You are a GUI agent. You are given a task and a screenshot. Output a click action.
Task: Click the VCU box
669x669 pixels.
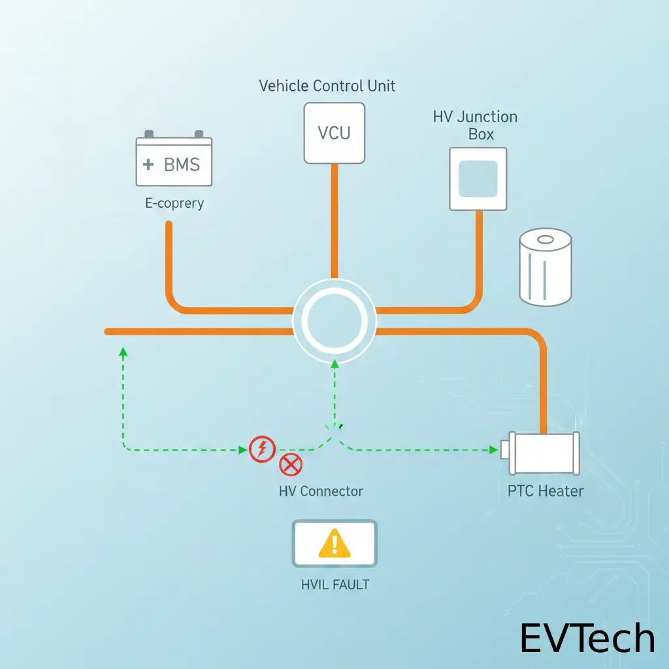334,133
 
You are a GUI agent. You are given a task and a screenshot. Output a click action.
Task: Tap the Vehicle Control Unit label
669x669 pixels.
327,86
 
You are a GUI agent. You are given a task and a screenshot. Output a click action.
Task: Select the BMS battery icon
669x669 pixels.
174,161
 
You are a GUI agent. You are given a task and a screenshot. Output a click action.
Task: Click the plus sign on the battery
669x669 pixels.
148,164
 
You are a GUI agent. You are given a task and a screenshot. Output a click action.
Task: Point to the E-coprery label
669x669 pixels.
174,203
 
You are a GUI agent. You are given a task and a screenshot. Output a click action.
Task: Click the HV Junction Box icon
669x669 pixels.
478,178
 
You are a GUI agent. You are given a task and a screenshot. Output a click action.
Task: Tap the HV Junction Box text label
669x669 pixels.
475,125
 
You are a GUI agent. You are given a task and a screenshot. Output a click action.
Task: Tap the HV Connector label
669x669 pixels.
321,491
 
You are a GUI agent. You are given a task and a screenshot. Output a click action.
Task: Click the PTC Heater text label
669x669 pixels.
546,491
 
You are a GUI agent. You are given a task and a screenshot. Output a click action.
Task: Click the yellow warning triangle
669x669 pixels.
334,544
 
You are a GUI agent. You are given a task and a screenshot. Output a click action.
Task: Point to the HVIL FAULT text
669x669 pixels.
335,585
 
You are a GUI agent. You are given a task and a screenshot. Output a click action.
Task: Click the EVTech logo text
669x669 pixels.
587,638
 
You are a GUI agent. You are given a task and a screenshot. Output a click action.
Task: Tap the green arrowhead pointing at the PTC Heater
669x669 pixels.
494,449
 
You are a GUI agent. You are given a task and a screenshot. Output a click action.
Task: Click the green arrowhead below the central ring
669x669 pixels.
334,363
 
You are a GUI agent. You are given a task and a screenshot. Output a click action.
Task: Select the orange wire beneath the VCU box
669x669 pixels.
334,222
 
